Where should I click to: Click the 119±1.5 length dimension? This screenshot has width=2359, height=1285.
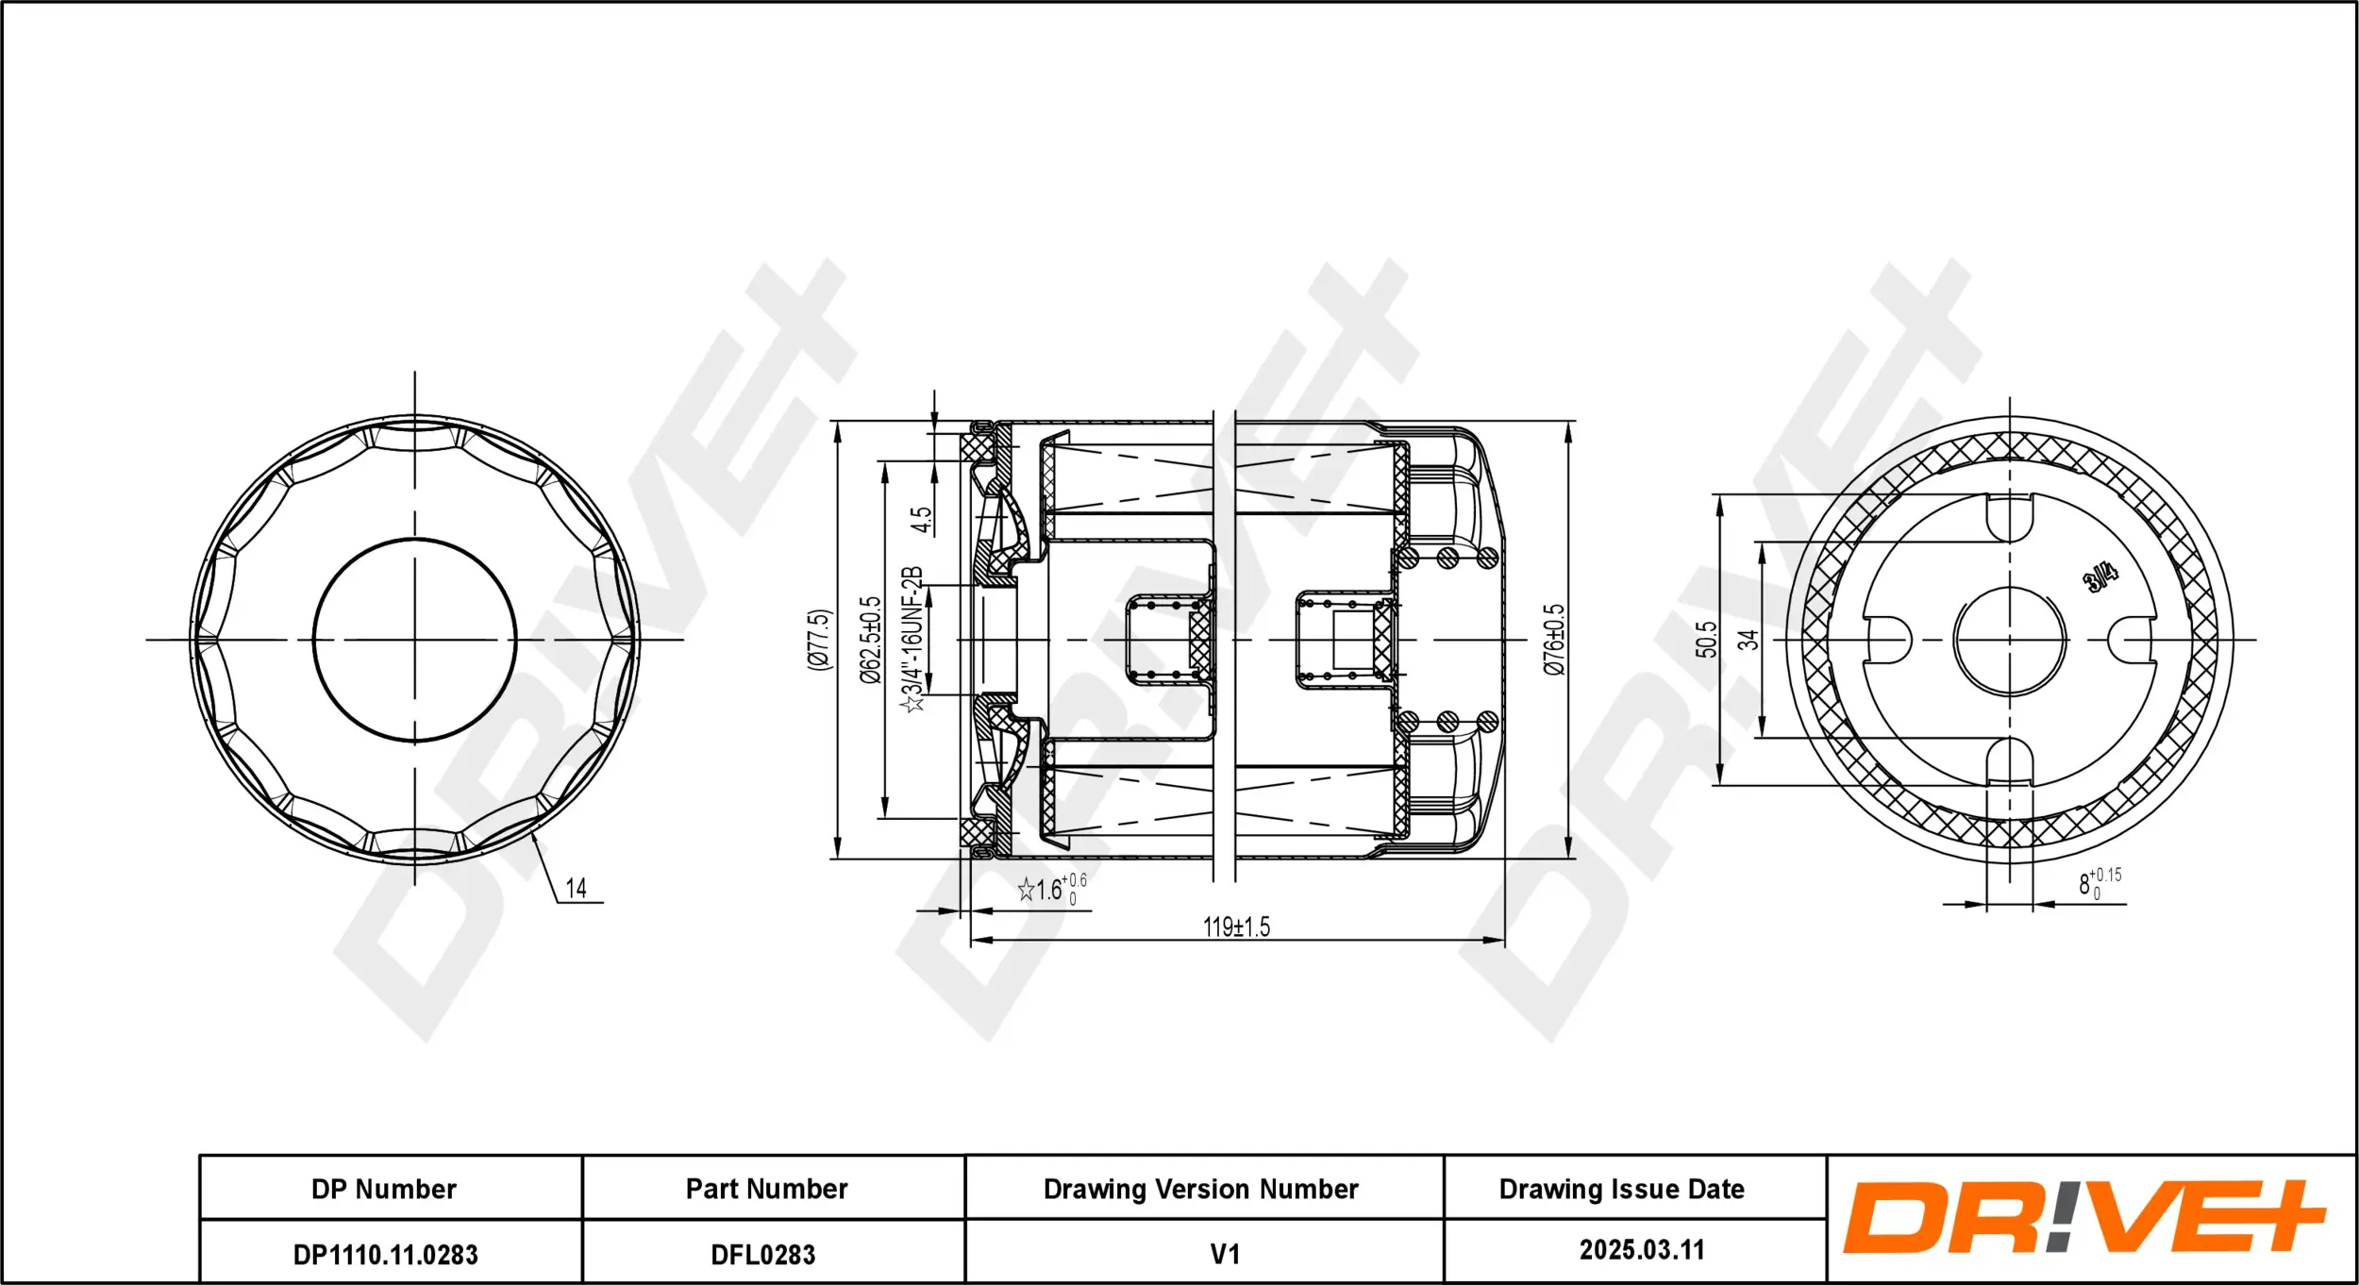click(x=1236, y=926)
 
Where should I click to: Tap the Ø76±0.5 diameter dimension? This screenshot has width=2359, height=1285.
click(x=1554, y=640)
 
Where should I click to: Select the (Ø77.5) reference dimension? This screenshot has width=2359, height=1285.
click(x=819, y=640)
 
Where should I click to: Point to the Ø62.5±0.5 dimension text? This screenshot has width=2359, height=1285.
click(x=870, y=640)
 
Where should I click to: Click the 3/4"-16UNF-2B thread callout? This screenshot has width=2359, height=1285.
click(x=912, y=640)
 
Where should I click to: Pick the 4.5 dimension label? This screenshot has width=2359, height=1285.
click(x=920, y=519)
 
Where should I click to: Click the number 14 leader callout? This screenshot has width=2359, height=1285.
click(x=576, y=888)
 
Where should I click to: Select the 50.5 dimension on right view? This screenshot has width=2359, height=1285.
click(x=1706, y=640)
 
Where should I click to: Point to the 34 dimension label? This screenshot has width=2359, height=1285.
click(x=1748, y=640)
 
